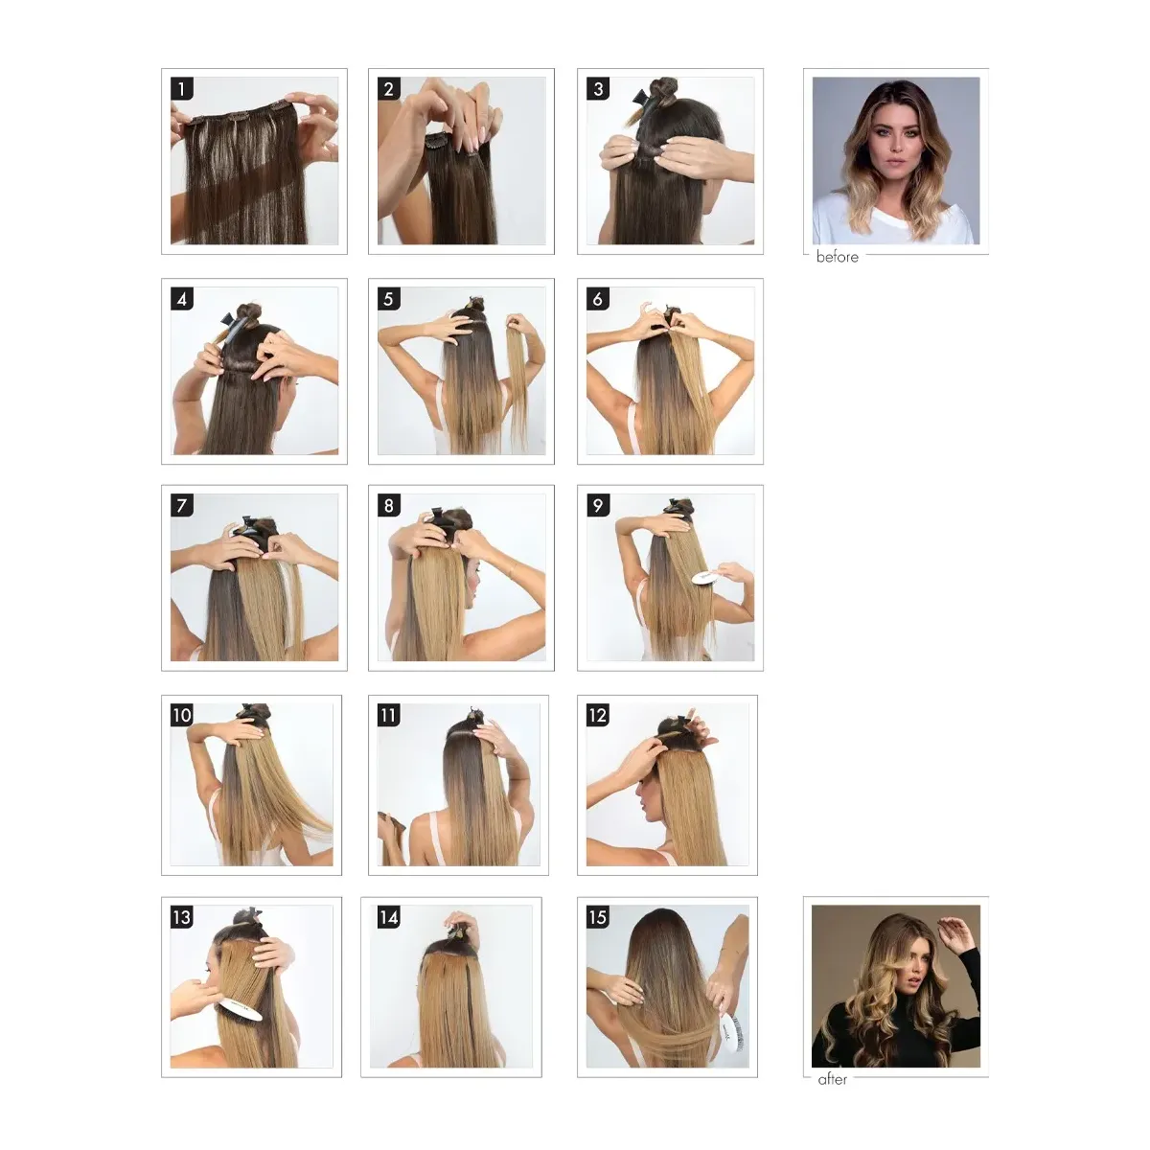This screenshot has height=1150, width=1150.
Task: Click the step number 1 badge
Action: [x=181, y=88]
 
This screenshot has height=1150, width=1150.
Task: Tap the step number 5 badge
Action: [x=388, y=298]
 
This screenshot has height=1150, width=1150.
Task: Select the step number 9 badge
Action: [x=597, y=505]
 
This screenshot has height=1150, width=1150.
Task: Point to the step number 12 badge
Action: [x=597, y=715]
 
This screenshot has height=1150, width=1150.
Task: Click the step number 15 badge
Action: [x=597, y=917]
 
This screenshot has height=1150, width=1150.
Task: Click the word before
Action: [x=837, y=257]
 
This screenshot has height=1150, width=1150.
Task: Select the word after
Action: [x=832, y=1079]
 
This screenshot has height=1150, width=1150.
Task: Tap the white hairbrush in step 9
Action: [x=706, y=578]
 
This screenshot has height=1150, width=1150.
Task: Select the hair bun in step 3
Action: [x=663, y=87]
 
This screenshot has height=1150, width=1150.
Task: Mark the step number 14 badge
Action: [x=388, y=917]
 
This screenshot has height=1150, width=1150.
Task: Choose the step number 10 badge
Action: [x=181, y=715]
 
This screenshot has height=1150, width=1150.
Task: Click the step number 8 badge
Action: [x=388, y=505]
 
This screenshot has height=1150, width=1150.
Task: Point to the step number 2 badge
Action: [x=388, y=88]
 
